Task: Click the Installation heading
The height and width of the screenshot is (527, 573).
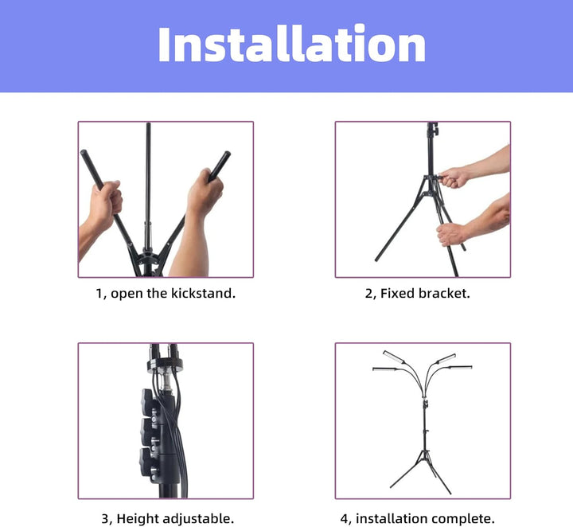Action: (x=291, y=45)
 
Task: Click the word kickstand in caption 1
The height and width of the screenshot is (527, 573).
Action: (x=203, y=294)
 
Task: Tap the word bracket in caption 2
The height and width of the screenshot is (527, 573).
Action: (x=443, y=294)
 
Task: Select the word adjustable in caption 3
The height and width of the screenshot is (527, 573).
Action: (x=197, y=519)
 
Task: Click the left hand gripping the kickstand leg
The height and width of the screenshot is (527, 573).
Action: (x=104, y=204)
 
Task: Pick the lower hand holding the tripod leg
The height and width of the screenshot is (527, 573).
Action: (x=452, y=233)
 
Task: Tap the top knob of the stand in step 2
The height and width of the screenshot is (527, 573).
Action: (x=432, y=129)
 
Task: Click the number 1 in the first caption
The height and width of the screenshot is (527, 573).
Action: (x=99, y=294)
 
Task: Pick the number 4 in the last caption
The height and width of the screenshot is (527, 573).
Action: (x=344, y=519)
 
